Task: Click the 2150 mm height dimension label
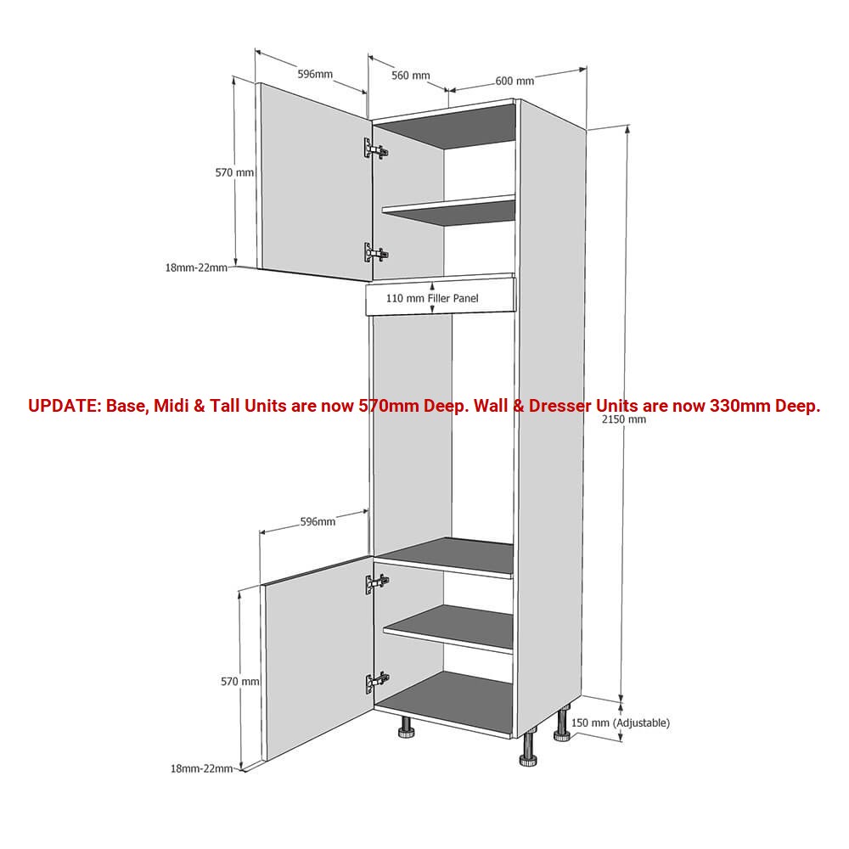[624, 419]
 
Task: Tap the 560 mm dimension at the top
[410, 76]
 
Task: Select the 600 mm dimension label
[514, 81]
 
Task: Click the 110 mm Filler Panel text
[432, 298]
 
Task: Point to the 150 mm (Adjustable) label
[621, 722]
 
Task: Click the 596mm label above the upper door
[315, 74]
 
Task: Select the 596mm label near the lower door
[318, 522]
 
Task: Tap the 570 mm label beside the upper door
[234, 172]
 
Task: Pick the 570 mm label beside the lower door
[240, 682]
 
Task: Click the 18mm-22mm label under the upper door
[196, 267]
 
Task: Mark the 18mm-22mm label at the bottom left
[201, 768]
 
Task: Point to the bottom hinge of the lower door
[377, 683]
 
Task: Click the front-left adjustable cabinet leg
[407, 728]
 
